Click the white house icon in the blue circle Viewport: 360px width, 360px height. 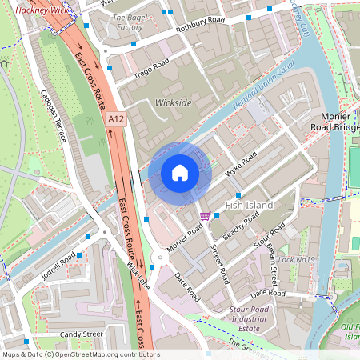click(x=180, y=172)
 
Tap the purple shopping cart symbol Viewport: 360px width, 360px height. click(x=206, y=214)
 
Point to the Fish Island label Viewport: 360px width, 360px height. click(x=249, y=206)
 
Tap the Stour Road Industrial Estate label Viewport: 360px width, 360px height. click(x=248, y=318)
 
